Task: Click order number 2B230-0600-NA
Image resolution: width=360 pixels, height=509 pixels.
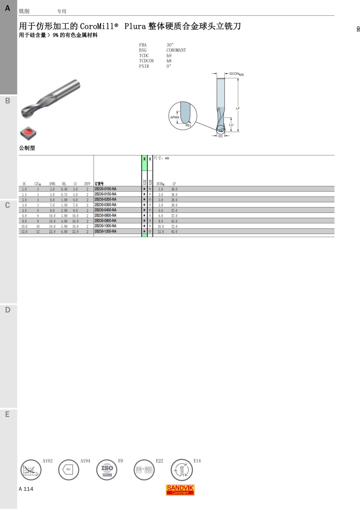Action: pos(105,216)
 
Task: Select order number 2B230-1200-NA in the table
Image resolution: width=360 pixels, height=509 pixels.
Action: pos(105,231)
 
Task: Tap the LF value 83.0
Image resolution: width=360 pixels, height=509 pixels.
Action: pos(174,232)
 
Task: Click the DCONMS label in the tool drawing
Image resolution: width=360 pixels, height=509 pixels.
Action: pos(236,74)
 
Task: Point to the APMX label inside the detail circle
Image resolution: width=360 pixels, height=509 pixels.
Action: pos(175,117)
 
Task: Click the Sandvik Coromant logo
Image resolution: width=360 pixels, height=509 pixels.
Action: pos(180,490)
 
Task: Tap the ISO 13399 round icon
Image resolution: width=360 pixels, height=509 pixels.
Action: pos(107,470)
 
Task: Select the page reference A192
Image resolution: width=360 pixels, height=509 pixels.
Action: pos(47,461)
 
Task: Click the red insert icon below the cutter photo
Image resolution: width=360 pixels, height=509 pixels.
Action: pos(28,133)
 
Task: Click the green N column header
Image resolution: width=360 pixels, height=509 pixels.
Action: pos(144,159)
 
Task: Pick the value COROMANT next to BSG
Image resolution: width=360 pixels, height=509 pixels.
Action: pos(176,50)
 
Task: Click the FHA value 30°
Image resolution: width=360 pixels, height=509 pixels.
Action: pos(170,45)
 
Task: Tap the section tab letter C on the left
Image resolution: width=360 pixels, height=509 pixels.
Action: pos(8,205)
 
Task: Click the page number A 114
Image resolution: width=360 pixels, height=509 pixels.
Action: pos(26,489)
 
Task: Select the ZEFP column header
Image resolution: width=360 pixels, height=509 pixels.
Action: pos(87,184)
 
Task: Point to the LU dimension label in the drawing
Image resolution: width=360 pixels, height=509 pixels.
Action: pos(231,125)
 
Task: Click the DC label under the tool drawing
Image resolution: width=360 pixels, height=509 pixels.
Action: pos(220,136)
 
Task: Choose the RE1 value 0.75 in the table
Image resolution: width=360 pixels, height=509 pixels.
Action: pos(64,195)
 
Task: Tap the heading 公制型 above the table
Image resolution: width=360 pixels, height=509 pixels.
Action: pos(27,148)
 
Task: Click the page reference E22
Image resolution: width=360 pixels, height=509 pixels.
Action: pos(159,461)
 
